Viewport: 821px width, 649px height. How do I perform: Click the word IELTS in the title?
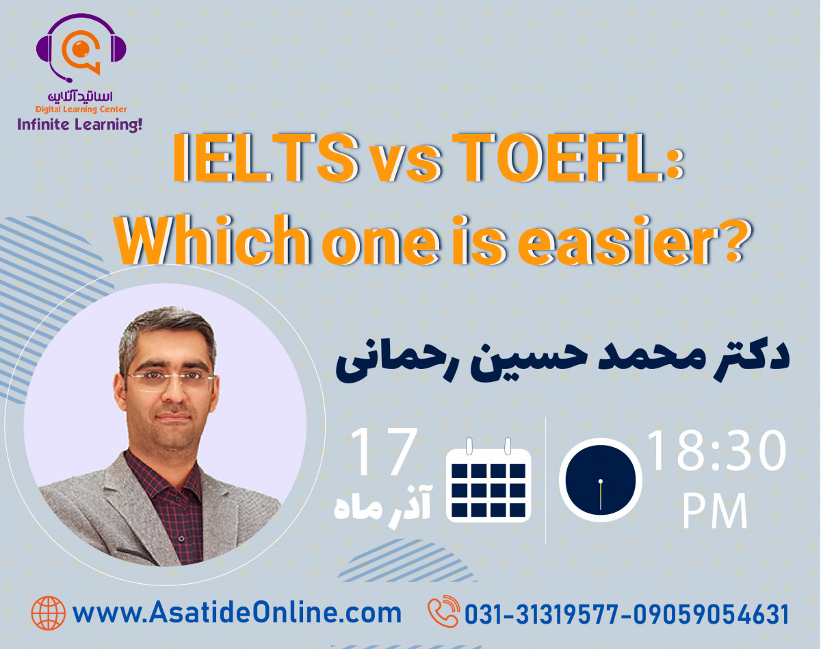pos(265,158)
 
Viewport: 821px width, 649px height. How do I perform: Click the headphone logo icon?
pos(81,48)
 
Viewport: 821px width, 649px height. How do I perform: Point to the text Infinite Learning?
pos(80,125)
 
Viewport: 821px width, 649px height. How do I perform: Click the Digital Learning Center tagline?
pos(81,110)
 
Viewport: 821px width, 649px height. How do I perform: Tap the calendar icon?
pos(488,481)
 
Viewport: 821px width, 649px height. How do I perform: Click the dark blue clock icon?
pos(600,480)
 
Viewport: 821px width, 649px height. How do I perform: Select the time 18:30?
pos(717,450)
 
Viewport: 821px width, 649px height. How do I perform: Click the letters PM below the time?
pos(714,510)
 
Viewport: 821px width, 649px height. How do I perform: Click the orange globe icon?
pos(49,613)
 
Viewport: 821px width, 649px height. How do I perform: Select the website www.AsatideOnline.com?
pos(237,613)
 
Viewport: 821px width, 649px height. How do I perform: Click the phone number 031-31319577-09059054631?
pos(627,614)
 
